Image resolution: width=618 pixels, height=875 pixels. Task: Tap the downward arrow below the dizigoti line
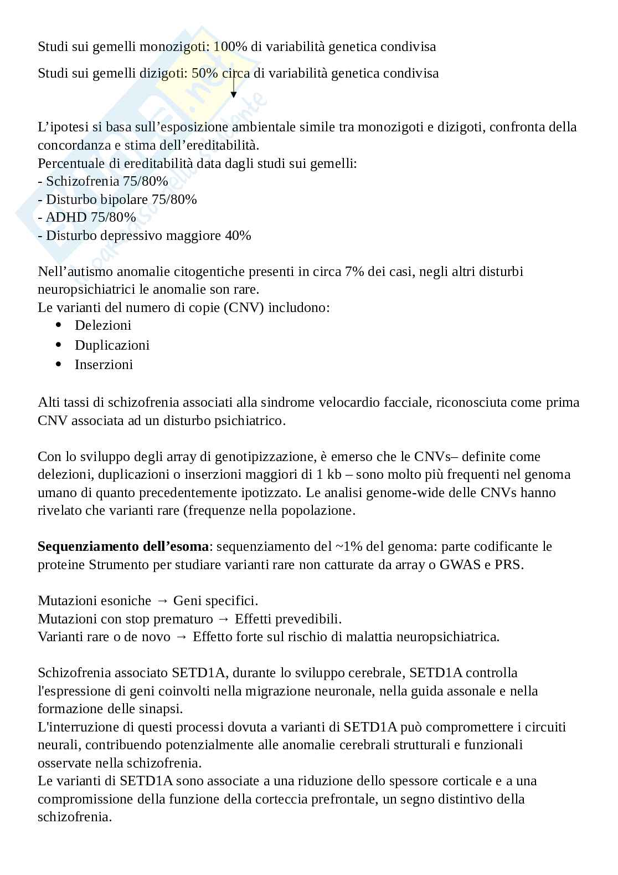pyautogui.click(x=233, y=91)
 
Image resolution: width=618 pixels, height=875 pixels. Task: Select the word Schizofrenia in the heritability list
pyautogui.click(x=83, y=181)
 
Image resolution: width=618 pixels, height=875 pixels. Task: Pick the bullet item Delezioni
pyautogui.click(x=103, y=325)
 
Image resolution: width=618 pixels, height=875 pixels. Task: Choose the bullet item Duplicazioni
pyautogui.click(x=112, y=345)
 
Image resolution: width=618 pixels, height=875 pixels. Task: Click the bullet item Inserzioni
pyautogui.click(x=104, y=365)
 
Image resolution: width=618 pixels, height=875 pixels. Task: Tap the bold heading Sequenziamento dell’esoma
pyautogui.click(x=123, y=546)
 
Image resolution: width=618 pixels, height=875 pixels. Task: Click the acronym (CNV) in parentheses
pyautogui.click(x=244, y=308)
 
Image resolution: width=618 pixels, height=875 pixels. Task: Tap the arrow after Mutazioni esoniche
pyautogui.click(x=162, y=601)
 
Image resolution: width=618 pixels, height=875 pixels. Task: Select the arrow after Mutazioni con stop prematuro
pyautogui.click(x=223, y=619)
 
